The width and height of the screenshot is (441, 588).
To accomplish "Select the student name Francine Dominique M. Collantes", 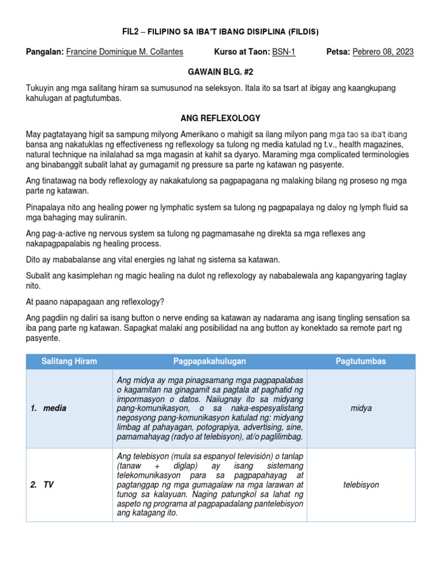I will point(125,52).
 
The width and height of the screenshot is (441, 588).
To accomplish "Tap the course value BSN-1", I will point(284,52).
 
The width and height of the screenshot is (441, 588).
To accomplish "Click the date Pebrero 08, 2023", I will point(382,52).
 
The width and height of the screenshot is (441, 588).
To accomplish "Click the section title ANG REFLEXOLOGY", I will point(220,118).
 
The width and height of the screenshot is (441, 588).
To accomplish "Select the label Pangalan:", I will point(45,52).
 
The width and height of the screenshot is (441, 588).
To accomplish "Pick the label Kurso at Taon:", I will point(241,52).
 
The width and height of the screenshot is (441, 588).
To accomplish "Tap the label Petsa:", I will point(338,52).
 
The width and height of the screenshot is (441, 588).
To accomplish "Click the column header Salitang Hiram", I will point(69,361).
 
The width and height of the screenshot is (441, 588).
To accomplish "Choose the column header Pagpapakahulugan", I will point(210,361).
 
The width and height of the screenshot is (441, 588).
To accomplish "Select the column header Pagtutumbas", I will point(361,361).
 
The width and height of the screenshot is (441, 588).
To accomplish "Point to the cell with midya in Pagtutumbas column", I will point(361,408).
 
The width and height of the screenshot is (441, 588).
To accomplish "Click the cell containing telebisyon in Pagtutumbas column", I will point(361,485).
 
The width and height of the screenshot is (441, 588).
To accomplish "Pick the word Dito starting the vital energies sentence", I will point(34,260).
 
